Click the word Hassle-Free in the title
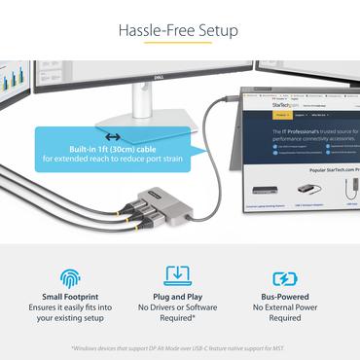(x=153, y=29)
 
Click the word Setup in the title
(x=215, y=29)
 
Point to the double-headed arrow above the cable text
(x=113, y=137)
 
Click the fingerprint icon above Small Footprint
(x=71, y=277)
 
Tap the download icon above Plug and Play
(x=178, y=276)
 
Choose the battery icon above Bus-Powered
(x=285, y=277)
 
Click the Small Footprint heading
(x=71, y=298)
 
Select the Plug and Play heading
(x=178, y=298)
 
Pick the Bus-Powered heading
(x=285, y=298)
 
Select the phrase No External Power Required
(x=285, y=312)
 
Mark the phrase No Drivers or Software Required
(x=178, y=312)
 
